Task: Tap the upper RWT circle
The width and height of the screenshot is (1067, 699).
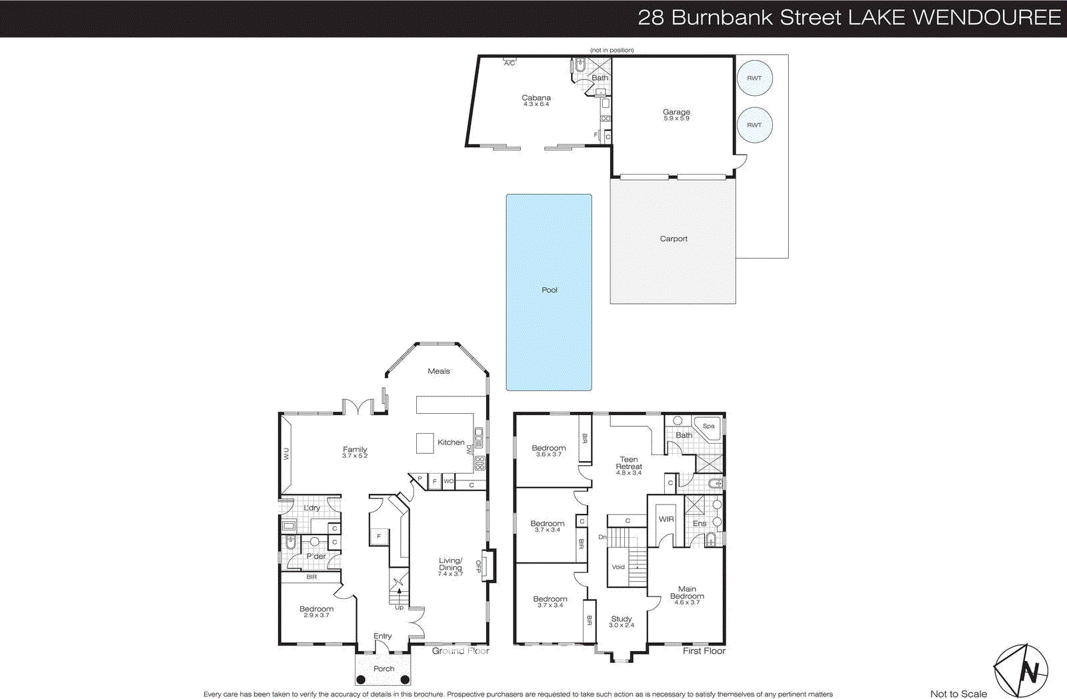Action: pyautogui.click(x=754, y=78)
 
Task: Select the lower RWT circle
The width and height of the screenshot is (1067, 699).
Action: pyautogui.click(x=754, y=125)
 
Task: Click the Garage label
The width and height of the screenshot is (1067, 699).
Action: pyautogui.click(x=676, y=113)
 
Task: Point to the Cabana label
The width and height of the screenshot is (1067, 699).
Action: pyautogui.click(x=536, y=98)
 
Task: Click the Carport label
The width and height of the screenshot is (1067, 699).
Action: pyautogui.click(x=674, y=239)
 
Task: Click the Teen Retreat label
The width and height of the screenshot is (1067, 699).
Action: pyautogui.click(x=629, y=463)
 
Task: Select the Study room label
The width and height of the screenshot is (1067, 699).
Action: pyautogui.click(x=621, y=619)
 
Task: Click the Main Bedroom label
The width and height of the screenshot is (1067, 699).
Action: pyautogui.click(x=687, y=592)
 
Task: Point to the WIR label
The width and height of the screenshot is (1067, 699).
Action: pyautogui.click(x=666, y=519)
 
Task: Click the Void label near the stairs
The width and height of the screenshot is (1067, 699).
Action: pyautogui.click(x=618, y=567)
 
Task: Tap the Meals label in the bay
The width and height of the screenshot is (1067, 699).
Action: pyautogui.click(x=439, y=371)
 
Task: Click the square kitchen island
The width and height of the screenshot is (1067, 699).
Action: pyautogui.click(x=425, y=443)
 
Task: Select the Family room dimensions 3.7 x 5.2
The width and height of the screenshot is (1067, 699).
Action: pyautogui.click(x=355, y=456)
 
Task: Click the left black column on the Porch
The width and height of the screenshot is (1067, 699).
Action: pyautogui.click(x=361, y=680)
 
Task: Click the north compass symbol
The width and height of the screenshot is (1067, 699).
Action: pyautogui.click(x=1021, y=670)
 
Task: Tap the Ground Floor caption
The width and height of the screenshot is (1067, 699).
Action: pyautogui.click(x=460, y=651)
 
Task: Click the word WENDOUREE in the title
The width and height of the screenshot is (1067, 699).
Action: pyautogui.click(x=986, y=17)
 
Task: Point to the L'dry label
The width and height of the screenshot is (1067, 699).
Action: pyautogui.click(x=312, y=508)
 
